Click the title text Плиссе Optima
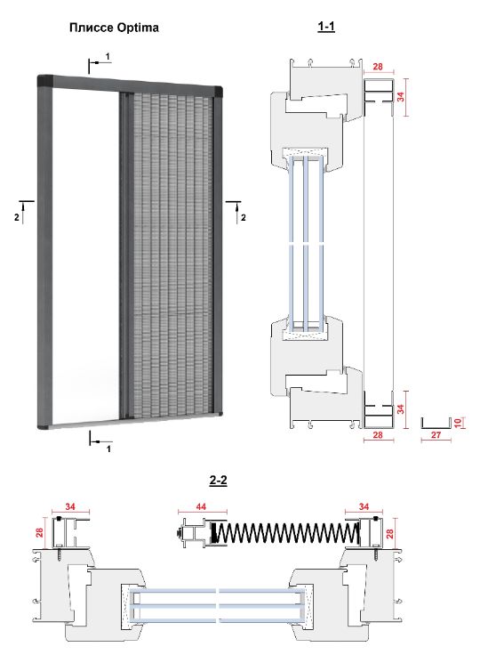point(114,28)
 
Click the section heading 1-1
point(326,27)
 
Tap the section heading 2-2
point(219,481)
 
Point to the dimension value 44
point(201,506)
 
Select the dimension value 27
point(436,435)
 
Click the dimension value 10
point(459,423)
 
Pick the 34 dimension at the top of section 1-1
point(401,97)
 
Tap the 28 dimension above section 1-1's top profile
point(378,67)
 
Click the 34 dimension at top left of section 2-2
point(70,506)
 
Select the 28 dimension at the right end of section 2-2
point(390,533)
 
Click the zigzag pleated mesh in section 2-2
point(284,534)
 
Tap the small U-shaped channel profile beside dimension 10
point(436,423)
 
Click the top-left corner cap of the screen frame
point(45,81)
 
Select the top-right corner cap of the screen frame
point(218,91)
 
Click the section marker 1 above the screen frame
point(108,56)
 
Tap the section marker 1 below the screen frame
point(108,449)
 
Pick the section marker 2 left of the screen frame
point(17,218)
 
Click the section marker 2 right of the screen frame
point(243,218)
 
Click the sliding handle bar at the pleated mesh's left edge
point(124,255)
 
